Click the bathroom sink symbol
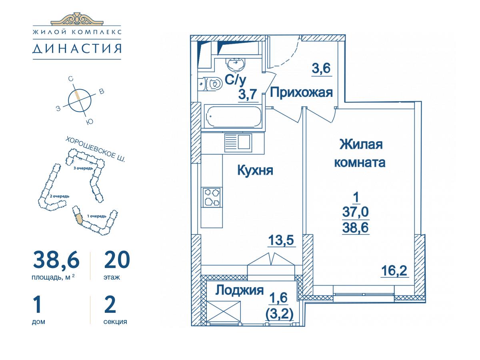(236, 64)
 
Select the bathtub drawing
(233, 116)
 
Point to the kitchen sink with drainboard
(238, 142)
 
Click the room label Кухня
(255, 170)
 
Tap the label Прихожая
(301, 92)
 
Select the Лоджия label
(240, 290)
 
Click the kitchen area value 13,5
(281, 240)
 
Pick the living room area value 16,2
(394, 271)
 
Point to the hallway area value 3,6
(321, 68)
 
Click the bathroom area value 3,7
(247, 94)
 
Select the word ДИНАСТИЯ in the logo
(77, 48)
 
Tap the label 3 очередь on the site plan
(83, 168)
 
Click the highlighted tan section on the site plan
(79, 219)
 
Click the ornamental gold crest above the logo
(77, 19)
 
